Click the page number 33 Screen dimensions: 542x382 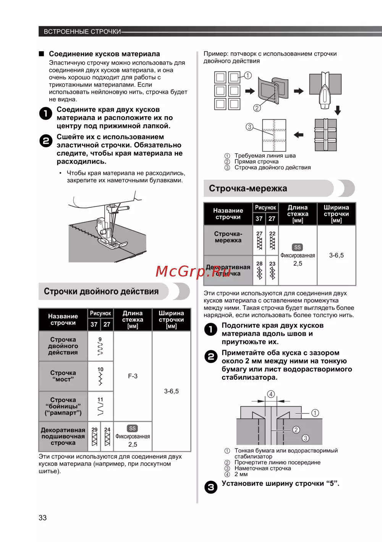pyautogui.click(x=42, y=518)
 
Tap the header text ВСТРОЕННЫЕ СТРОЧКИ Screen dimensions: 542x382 pyautogui.click(x=82, y=31)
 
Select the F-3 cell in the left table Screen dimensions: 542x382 pyautogui.click(x=133, y=376)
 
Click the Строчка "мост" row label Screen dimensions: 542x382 pyautogui.click(x=63, y=376)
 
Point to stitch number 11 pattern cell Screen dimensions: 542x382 pyautogui.click(x=100, y=406)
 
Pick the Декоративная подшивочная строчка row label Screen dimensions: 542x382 pyautogui.click(x=63, y=436)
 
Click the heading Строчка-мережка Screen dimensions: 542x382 pyautogui.click(x=248, y=189)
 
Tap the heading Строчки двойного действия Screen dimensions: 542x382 pyautogui.click(x=101, y=291)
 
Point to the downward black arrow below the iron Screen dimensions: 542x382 pyautogui.click(x=338, y=110)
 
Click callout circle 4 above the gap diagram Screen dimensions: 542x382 pyautogui.click(x=271, y=394)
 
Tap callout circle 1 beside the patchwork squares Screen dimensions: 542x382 pyautogui.click(x=248, y=75)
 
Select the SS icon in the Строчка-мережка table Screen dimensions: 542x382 pyautogui.click(x=298, y=247)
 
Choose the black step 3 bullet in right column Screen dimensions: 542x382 pyautogui.click(x=210, y=487)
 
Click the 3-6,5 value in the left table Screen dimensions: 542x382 pyautogui.click(x=171, y=391)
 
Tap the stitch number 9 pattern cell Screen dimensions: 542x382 pyautogui.click(x=100, y=346)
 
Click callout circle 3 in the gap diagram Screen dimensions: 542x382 pyautogui.click(x=306, y=438)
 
